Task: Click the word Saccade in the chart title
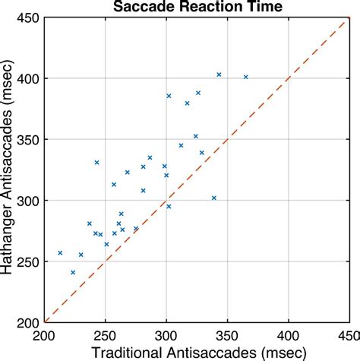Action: click(142, 7)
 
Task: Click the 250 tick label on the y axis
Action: click(30, 261)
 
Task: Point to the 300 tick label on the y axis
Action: click(30, 201)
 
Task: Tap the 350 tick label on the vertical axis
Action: click(30, 140)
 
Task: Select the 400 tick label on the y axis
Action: click(30, 79)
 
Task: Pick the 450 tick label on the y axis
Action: click(30, 18)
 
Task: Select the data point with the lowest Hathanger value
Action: click(73, 272)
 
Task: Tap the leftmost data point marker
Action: click(60, 253)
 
